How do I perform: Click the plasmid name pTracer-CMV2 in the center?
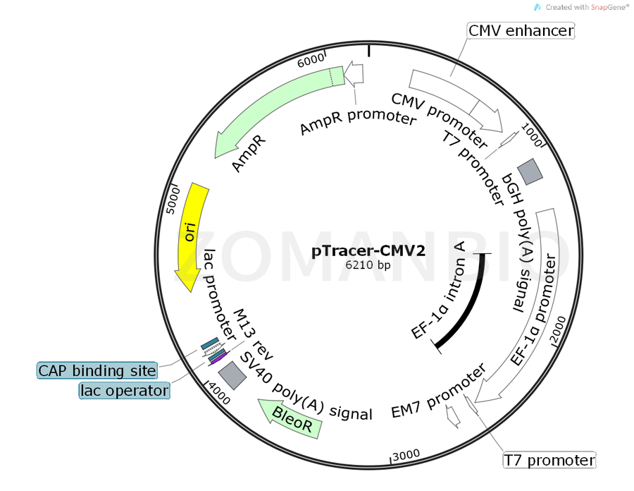click(368, 251)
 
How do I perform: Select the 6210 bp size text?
click(368, 266)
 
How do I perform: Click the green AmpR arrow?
click(275, 106)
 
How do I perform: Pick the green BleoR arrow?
click(290, 419)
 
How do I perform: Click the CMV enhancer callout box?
click(521, 30)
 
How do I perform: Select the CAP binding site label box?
click(97, 370)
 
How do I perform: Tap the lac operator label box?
click(124, 390)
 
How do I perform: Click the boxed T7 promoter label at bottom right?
click(549, 461)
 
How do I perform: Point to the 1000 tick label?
click(531, 134)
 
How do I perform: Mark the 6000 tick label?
click(311, 59)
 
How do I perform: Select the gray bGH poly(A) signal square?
click(530, 171)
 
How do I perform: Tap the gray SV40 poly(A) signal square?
click(232, 375)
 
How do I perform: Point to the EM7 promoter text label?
click(438, 392)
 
